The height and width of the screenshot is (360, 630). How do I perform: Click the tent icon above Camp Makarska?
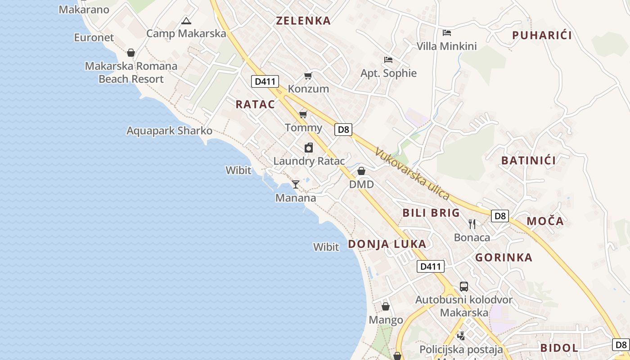186,21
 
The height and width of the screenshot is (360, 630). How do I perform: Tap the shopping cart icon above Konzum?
308,76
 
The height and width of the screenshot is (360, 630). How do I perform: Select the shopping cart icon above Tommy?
303,114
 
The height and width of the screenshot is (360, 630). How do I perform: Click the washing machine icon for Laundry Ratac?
309,148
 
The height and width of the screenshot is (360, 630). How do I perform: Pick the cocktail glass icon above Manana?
296,184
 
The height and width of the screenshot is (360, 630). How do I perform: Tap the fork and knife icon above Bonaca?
472,224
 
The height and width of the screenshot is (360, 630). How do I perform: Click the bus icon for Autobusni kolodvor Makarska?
464,286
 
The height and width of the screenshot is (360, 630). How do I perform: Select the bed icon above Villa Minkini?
447,32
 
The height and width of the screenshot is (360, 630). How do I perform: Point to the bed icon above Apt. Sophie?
388,59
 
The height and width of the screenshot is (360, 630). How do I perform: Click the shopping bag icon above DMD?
361,171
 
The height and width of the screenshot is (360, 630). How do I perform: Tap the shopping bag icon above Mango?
386,306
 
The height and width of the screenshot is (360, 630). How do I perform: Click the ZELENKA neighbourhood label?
303,20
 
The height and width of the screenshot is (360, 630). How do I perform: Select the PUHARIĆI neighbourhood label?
542,35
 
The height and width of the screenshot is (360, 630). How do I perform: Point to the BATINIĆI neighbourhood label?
528,160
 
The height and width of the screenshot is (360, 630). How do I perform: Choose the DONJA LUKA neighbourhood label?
387,244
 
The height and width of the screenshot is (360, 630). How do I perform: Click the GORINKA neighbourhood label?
504,257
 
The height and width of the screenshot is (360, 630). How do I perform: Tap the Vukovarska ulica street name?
412,174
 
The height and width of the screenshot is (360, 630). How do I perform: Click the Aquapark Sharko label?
169,130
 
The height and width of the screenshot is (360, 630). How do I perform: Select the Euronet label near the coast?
94,37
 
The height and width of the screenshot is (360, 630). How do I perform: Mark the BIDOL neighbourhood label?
559,347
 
